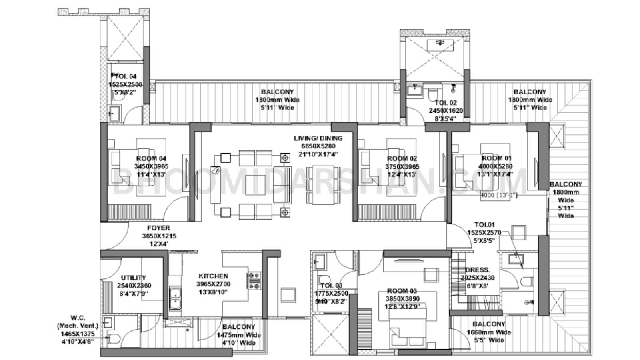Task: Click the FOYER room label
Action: click(x=159, y=228)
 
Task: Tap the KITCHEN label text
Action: click(x=213, y=276)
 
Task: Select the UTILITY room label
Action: click(x=134, y=278)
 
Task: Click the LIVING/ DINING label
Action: click(x=318, y=138)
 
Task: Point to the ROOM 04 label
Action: click(x=151, y=158)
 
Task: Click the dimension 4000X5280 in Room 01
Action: click(x=495, y=166)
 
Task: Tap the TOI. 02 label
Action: click(x=446, y=103)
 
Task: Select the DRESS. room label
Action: click(x=477, y=270)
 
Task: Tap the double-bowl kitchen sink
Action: click(x=175, y=298)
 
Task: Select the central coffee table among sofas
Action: click(x=256, y=185)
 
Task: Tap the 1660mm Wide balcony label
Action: click(x=489, y=332)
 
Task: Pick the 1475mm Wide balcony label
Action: click(x=238, y=335)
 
